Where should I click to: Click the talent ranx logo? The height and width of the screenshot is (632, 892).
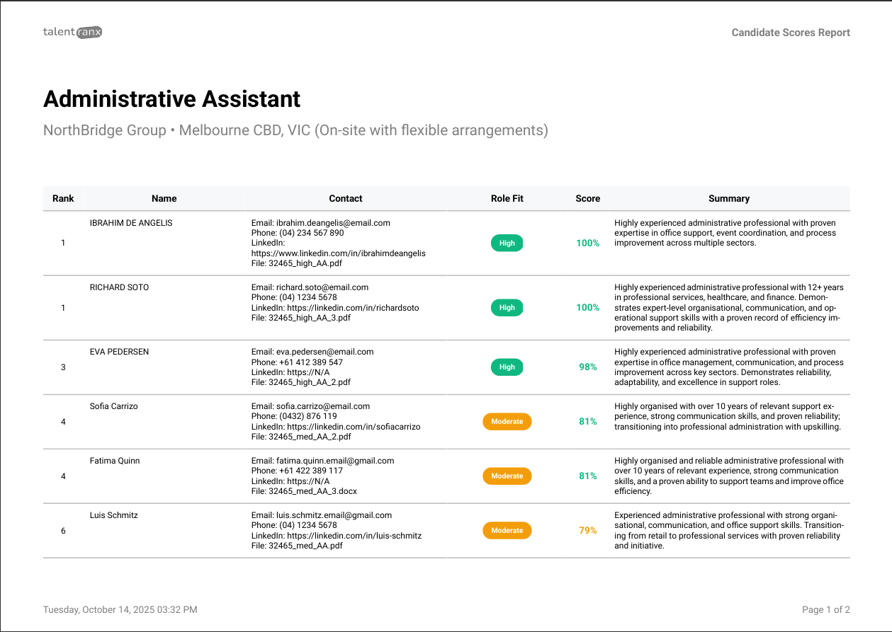[x=72, y=32]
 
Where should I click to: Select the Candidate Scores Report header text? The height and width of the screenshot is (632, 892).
[x=791, y=33]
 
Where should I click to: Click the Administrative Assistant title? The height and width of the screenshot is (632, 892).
[x=172, y=99]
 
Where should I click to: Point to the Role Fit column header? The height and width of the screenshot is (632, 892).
[x=507, y=199]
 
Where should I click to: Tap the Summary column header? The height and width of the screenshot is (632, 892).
[x=729, y=199]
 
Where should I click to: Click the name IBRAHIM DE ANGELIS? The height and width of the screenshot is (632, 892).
[x=131, y=223]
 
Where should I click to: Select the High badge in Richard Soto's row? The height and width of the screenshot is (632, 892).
[x=507, y=308]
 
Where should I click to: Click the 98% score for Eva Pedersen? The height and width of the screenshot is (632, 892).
[x=588, y=367]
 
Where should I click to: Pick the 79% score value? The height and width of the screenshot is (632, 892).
[x=588, y=531]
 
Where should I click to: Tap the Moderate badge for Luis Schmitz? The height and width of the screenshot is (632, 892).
[x=507, y=531]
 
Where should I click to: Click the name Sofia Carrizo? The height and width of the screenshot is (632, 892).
[x=114, y=406]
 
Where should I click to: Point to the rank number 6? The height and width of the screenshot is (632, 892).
[x=63, y=531]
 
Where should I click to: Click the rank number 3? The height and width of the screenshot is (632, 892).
[x=63, y=367]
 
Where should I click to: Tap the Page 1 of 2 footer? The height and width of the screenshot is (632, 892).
[x=826, y=610]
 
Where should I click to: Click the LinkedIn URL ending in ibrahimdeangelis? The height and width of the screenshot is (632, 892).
[x=339, y=253]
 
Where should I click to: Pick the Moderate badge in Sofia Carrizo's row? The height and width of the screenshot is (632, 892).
[x=507, y=422]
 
